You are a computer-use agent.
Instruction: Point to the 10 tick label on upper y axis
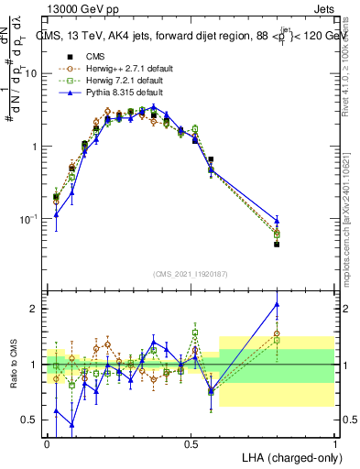coord(31,73)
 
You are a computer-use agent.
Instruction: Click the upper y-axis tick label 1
coord(35,147)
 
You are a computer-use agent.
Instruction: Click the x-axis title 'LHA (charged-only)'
coord(288,456)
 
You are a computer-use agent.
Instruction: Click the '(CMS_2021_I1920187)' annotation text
coord(191,273)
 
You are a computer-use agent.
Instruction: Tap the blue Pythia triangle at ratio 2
coord(277,305)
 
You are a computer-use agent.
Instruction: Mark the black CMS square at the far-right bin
coord(277,245)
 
